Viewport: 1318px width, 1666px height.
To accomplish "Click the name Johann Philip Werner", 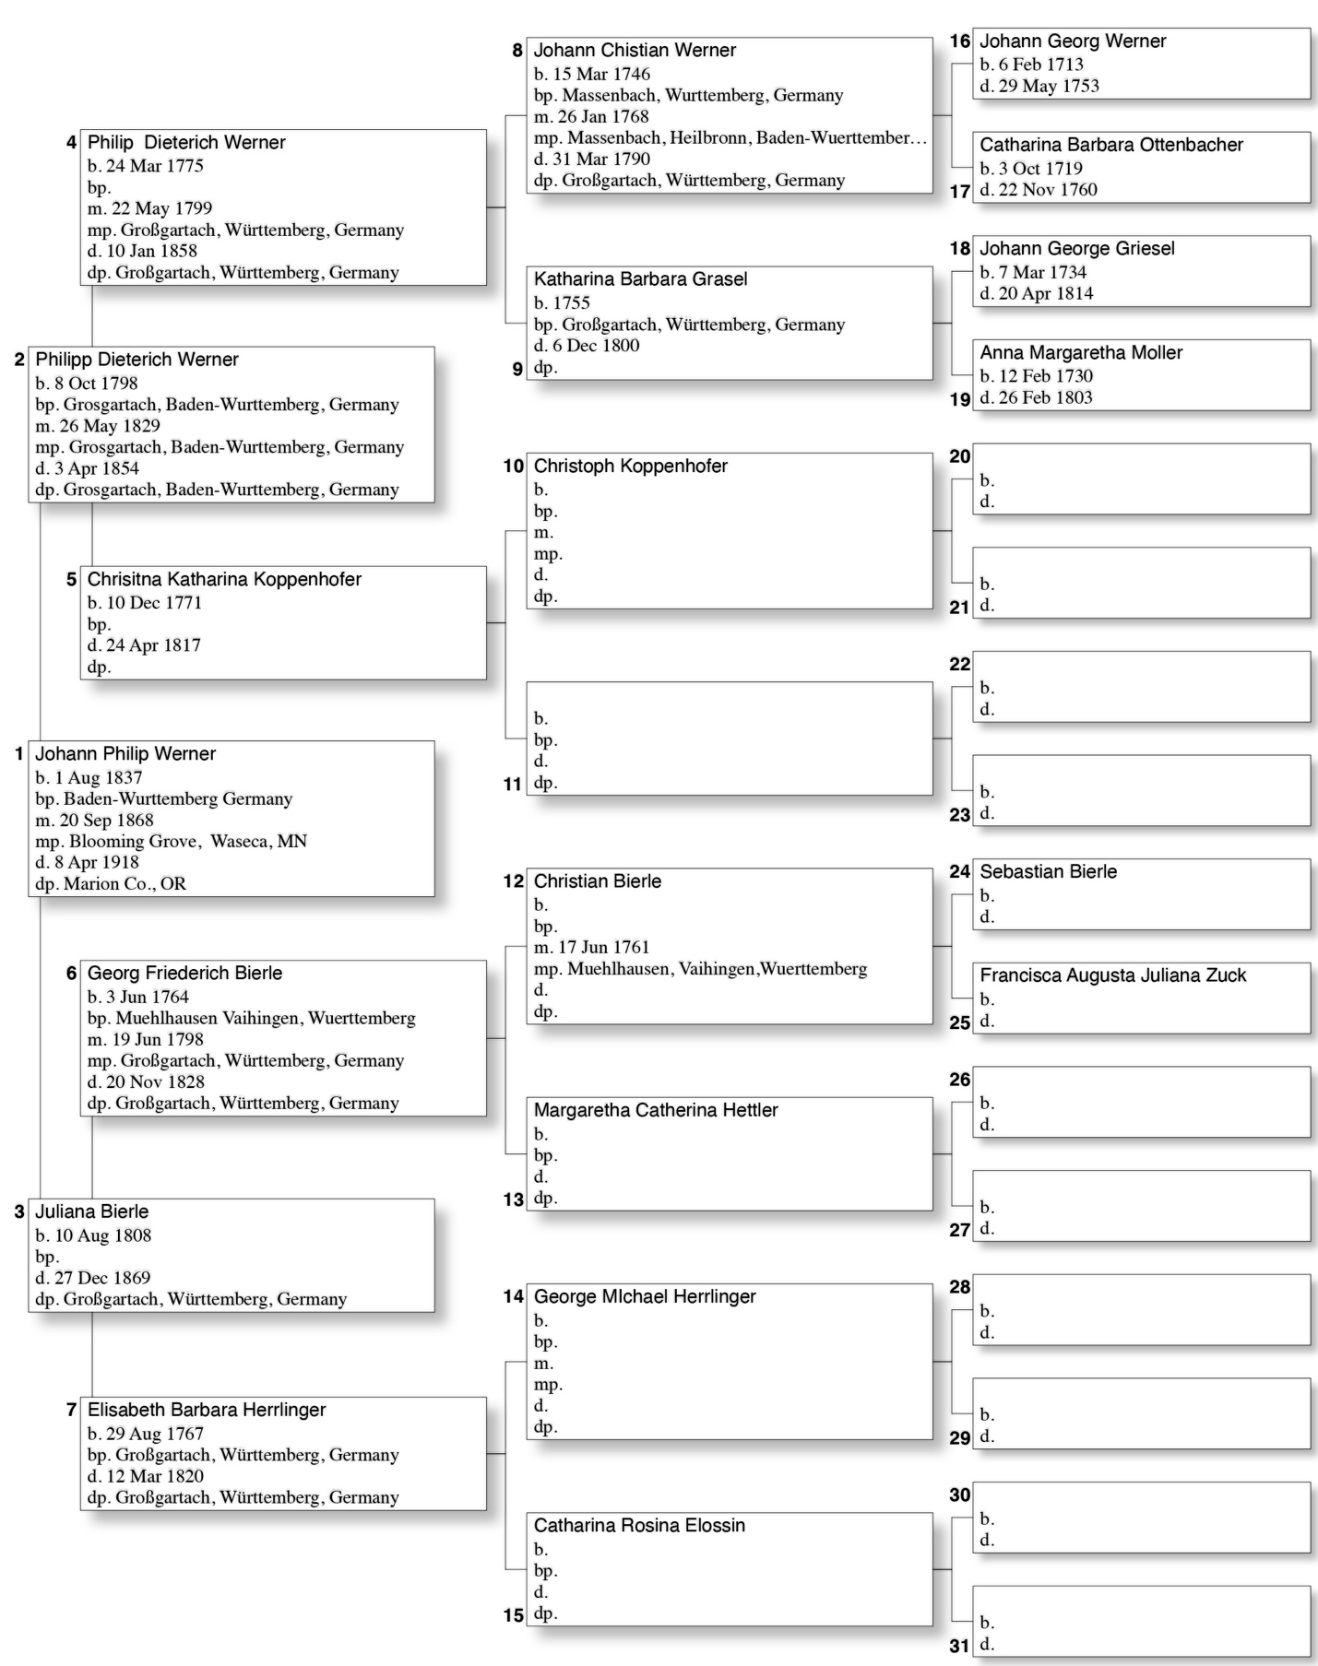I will (125, 754).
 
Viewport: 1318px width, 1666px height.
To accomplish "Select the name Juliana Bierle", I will (91, 1211).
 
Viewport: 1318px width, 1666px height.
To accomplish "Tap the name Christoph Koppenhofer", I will (630, 467).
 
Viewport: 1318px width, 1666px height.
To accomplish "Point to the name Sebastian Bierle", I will (1048, 872).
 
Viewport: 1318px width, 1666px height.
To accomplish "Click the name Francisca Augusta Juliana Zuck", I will (1112, 975).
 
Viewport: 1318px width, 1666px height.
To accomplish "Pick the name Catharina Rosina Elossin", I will (639, 1526).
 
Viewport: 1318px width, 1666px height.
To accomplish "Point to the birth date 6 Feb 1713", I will (1040, 65).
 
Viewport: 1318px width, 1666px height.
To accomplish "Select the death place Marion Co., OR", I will (125, 884).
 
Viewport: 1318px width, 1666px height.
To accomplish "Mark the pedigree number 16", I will (959, 41).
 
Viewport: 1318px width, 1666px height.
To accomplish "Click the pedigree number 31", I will (959, 1646).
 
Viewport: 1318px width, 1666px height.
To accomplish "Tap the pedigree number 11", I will (513, 785).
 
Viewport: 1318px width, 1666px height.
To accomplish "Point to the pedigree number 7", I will (71, 1411).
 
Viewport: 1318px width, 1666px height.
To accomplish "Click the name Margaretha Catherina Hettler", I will (656, 1111).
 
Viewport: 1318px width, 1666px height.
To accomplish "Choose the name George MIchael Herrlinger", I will (645, 1297).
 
